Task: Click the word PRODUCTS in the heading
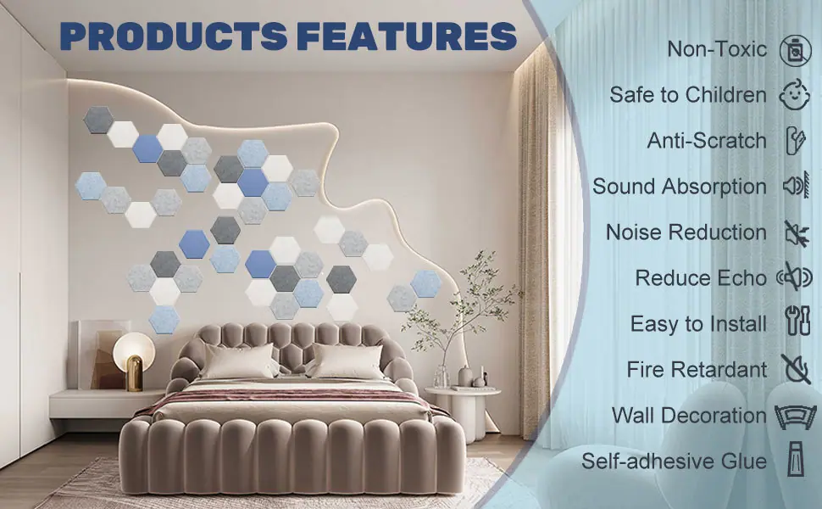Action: (174, 36)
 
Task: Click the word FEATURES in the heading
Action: (408, 36)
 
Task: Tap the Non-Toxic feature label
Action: (717, 49)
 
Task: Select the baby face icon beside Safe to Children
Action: (795, 95)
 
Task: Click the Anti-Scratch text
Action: (707, 141)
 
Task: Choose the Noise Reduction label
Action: (686, 232)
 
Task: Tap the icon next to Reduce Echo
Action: (795, 277)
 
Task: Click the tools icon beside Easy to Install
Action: (797, 321)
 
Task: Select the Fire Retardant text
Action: (697, 369)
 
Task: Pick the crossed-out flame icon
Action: (796, 368)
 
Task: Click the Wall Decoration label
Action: (689, 415)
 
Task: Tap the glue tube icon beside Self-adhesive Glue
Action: (797, 459)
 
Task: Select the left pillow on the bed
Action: (239, 361)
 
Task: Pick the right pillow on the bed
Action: (347, 361)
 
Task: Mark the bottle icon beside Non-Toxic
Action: (795, 51)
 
